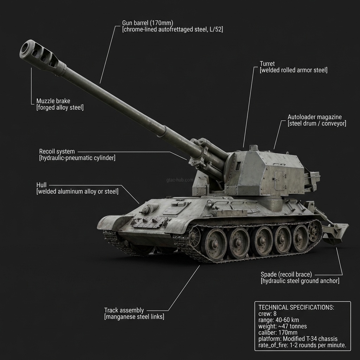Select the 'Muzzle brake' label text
point(53,101)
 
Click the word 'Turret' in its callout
point(267,64)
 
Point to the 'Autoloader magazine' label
point(314,117)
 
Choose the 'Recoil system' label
point(57,152)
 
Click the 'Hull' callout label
point(41,185)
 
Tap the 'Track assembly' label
point(124,310)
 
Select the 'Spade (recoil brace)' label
point(286,274)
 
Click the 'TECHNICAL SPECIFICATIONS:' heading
point(296,307)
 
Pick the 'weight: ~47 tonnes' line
point(282,326)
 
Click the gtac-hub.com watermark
point(180,180)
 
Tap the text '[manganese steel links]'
point(134,317)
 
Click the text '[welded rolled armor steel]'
point(293,70)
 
